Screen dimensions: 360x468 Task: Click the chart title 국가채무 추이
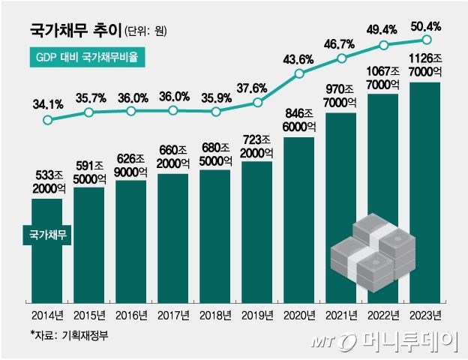click(x=72, y=31)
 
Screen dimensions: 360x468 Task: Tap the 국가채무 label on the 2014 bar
click(x=46, y=235)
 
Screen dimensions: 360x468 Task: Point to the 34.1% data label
click(x=46, y=103)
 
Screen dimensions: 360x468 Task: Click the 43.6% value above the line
click(x=300, y=58)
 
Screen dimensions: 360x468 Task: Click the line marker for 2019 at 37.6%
click(x=258, y=103)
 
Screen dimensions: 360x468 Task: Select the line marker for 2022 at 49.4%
click(x=384, y=45)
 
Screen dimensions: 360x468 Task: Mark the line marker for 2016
click(x=131, y=111)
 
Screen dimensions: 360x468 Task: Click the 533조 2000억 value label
click(x=46, y=183)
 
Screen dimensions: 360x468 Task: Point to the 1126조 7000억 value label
click(x=426, y=66)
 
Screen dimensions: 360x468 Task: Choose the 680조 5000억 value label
click(x=216, y=154)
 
